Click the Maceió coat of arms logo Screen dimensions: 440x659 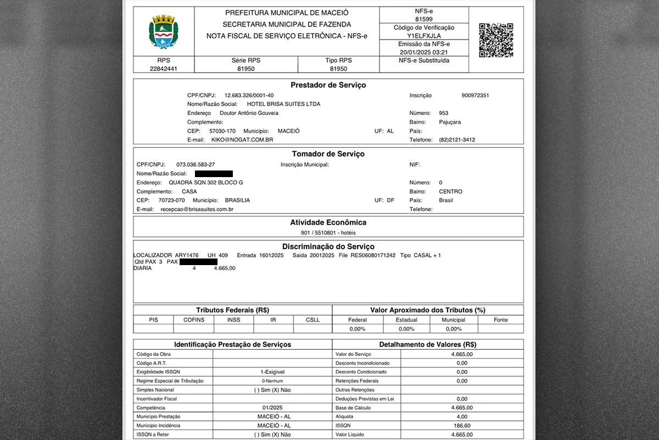click(x=164, y=32)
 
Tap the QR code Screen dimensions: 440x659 click(x=496, y=40)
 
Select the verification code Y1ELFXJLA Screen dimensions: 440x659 click(x=423, y=35)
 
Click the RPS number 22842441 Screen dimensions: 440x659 click(x=164, y=69)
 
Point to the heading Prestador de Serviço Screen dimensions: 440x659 click(x=328, y=85)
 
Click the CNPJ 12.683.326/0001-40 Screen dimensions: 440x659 click(x=249, y=95)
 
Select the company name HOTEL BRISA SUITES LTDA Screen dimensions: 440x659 click(x=283, y=104)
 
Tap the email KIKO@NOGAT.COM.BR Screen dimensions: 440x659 click(x=242, y=140)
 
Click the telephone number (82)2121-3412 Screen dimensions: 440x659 click(x=457, y=140)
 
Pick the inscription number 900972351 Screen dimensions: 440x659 click(x=475, y=95)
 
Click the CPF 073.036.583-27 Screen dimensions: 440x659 click(x=196, y=164)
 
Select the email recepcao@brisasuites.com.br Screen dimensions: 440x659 click(x=197, y=209)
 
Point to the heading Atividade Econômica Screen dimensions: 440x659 click(x=328, y=222)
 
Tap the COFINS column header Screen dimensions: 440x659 click(x=193, y=320)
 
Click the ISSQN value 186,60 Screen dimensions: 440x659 click(x=461, y=426)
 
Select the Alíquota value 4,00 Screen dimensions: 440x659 click(x=461, y=417)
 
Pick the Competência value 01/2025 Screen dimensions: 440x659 click(x=272, y=408)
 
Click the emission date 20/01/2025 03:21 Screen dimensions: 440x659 click(x=423, y=52)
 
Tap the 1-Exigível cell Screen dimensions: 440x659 click(x=272, y=372)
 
